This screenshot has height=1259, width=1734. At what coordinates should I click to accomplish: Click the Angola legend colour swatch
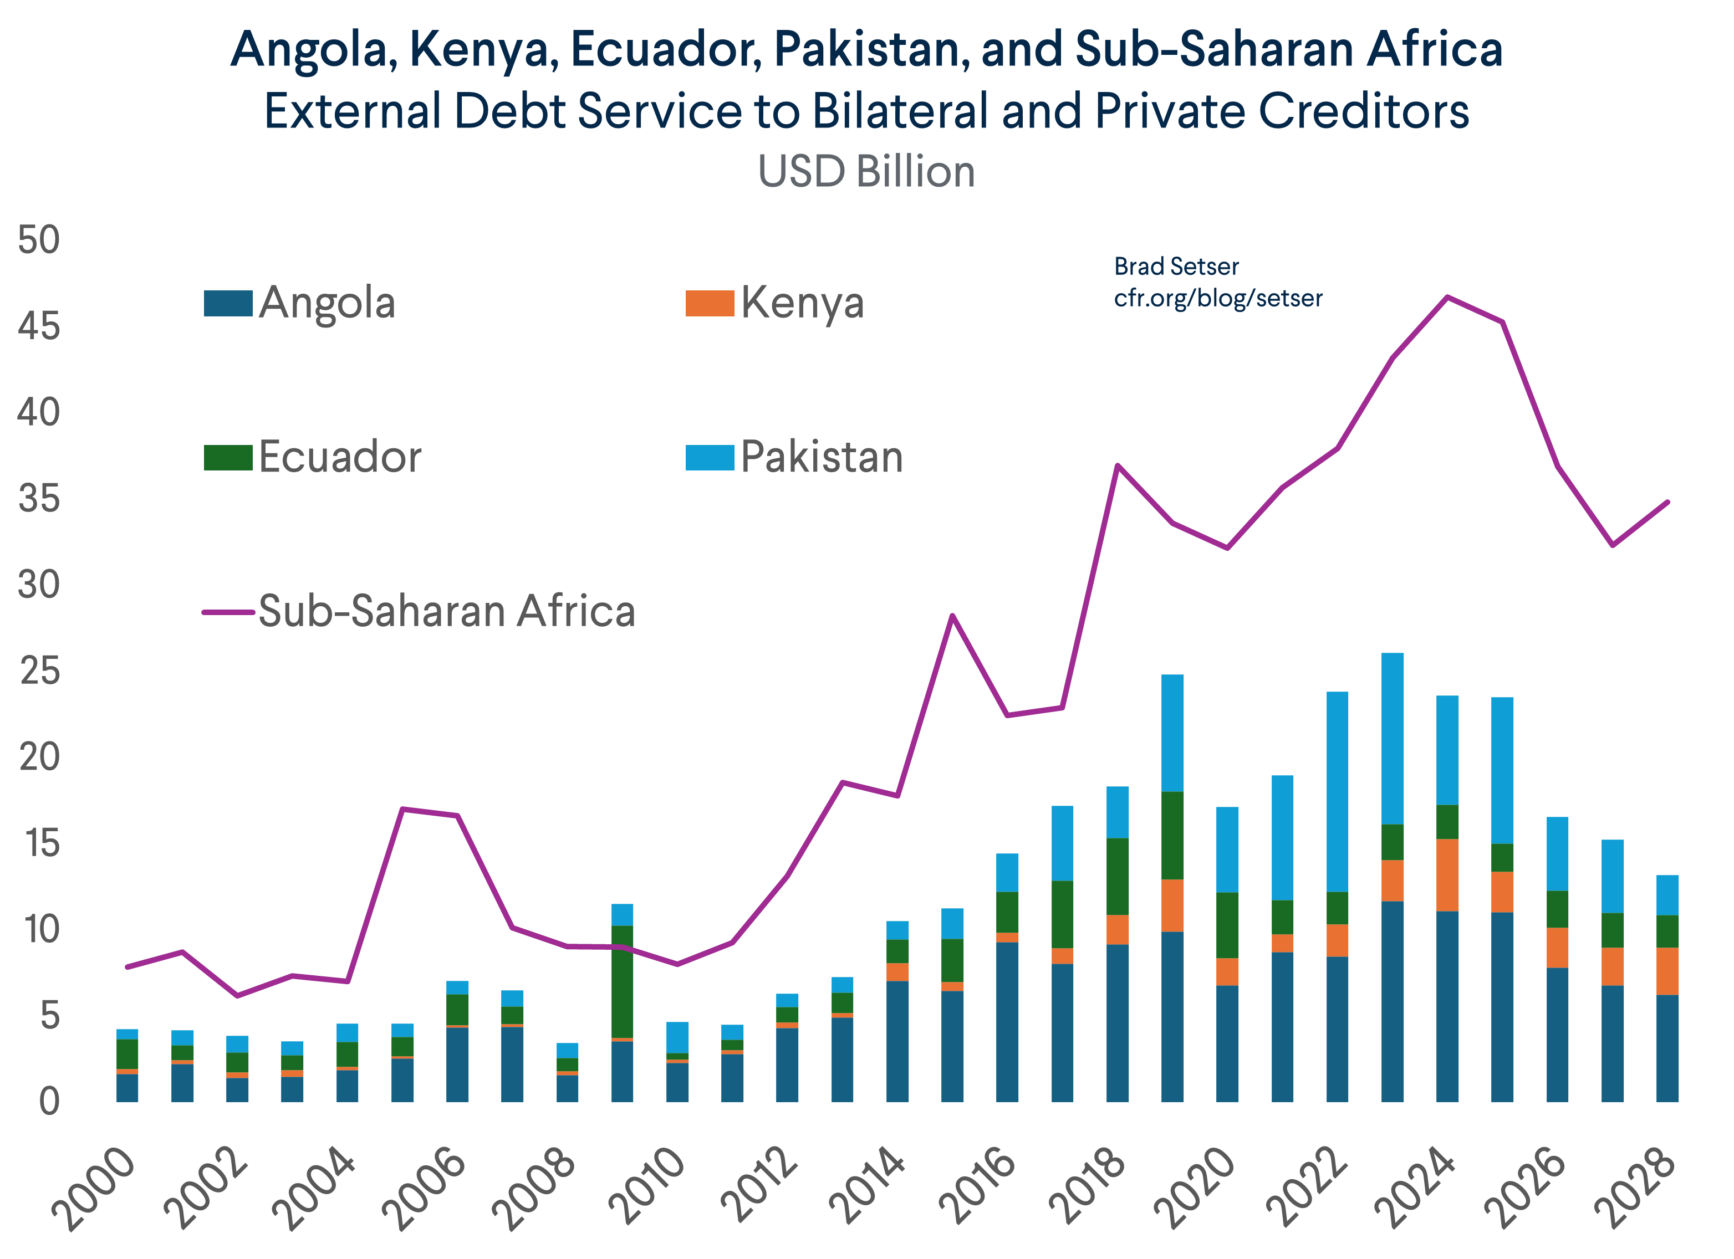point(228,304)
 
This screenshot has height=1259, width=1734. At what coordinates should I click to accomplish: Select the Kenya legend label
point(802,304)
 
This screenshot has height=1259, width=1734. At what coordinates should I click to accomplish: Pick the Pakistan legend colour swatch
point(710,457)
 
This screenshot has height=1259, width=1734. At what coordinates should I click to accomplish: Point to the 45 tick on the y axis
point(39,326)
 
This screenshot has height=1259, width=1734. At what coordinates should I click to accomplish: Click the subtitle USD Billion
point(866,171)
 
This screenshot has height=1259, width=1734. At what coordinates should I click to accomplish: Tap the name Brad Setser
point(1176,267)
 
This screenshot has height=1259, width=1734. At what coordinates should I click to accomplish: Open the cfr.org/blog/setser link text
point(1217,298)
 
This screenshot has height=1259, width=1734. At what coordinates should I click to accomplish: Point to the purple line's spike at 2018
point(1117,465)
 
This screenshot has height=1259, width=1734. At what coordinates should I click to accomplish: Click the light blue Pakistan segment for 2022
point(1337,791)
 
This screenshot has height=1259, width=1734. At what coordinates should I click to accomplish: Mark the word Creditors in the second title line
point(1363,111)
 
